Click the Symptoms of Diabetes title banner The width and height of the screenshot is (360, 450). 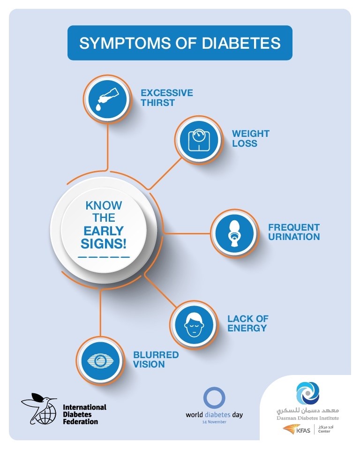[180, 43]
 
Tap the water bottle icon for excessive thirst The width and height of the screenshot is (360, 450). [107, 99]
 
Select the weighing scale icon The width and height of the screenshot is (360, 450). [199, 140]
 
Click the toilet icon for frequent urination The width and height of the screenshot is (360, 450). [234, 233]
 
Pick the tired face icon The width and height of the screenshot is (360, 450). [194, 324]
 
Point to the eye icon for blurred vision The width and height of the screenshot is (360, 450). [100, 360]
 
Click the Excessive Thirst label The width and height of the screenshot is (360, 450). [167, 97]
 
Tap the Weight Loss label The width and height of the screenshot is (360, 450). [251, 138]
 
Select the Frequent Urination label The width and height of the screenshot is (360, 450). [294, 232]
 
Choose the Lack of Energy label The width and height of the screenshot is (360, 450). [248, 323]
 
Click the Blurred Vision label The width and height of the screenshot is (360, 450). [156, 360]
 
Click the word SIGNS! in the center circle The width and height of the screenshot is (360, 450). [103, 244]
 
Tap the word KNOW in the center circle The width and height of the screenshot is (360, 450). [104, 205]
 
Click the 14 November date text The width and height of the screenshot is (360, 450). [214, 422]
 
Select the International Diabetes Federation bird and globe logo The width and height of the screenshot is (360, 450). [39, 409]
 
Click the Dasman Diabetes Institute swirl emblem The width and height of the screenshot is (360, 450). [307, 393]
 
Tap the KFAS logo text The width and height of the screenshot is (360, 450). [303, 430]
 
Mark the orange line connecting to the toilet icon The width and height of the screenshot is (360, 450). [187, 233]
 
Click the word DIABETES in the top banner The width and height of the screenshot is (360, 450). [241, 43]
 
